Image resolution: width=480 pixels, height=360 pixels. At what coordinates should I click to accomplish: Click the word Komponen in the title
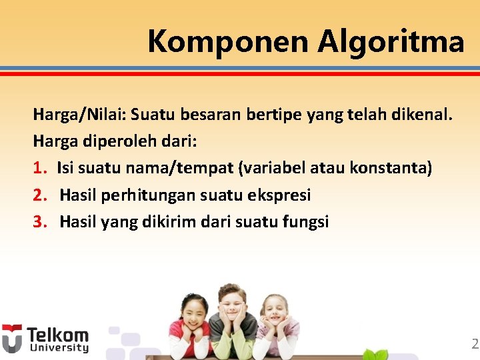tap(229, 41)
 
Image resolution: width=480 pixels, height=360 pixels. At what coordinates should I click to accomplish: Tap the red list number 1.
tap(38, 167)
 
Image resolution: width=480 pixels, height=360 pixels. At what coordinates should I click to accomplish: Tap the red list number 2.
tap(39, 195)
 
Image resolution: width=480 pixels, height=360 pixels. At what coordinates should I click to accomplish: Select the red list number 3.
tap(39, 222)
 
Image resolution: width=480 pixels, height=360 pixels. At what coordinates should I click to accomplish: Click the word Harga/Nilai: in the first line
tap(79, 115)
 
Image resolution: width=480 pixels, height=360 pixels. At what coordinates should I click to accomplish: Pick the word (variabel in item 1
tap(268, 167)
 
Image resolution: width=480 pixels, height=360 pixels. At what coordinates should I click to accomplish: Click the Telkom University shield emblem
tap(11, 338)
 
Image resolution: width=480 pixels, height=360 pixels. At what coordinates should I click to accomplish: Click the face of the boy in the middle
tap(231, 303)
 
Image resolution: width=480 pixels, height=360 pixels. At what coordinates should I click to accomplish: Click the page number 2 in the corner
tap(475, 344)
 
